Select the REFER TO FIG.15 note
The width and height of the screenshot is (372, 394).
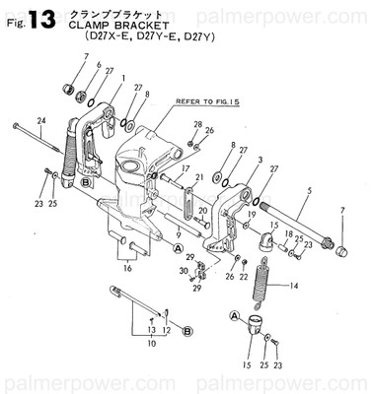click(205, 100)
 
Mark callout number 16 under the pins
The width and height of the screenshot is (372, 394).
click(126, 266)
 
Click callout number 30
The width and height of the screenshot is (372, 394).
click(183, 270)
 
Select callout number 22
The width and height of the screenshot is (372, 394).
click(243, 278)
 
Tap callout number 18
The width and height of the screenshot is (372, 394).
click(288, 233)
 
